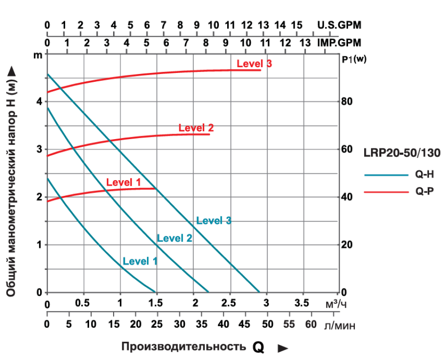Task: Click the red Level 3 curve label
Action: (x=254, y=64)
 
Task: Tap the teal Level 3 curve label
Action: (x=213, y=221)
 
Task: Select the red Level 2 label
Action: (x=196, y=128)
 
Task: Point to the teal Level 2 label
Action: (x=174, y=239)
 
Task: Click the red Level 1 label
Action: (x=123, y=183)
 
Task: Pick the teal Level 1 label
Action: (x=140, y=261)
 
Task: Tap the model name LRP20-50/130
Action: (x=402, y=153)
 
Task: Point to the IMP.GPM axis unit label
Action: (x=339, y=43)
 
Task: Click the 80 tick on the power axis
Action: (x=347, y=102)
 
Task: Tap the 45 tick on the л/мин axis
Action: (x=245, y=324)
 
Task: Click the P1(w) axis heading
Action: (x=355, y=60)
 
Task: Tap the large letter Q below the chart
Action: (x=258, y=348)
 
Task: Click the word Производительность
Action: (x=184, y=347)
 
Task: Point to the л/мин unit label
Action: (x=339, y=325)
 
